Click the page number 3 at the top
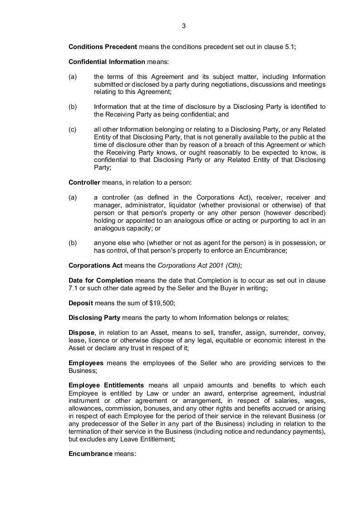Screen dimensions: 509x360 coord(183,26)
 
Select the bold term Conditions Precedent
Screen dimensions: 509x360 coord(103,47)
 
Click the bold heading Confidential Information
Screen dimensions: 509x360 coord(107,62)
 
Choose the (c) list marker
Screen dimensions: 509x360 coord(73,129)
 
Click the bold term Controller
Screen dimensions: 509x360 coord(84,182)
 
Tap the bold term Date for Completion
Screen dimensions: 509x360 coord(101,280)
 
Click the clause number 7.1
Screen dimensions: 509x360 coord(74,288)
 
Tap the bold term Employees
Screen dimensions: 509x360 coord(86,363)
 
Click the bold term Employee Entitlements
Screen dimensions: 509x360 coord(106,385)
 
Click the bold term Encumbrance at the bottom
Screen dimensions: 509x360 coord(90,453)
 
